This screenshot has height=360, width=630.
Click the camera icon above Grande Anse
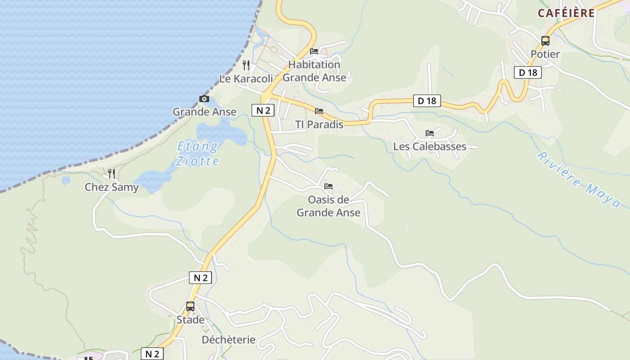[204, 99]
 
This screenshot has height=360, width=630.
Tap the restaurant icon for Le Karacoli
[246, 65]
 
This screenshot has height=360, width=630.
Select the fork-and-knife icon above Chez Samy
[112, 173]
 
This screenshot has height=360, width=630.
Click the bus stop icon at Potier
[545, 41]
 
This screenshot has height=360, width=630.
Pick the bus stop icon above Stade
[190, 306]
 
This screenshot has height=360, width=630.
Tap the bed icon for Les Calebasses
[430, 133]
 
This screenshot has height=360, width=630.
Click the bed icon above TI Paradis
[319, 111]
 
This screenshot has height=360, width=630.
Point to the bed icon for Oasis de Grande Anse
[328, 186]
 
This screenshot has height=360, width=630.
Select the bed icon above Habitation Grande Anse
[314, 51]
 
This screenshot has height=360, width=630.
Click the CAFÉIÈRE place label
[566, 13]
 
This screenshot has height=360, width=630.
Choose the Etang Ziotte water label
[198, 153]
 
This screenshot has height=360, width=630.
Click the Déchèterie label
[229, 340]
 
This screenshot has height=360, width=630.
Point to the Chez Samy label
[112, 187]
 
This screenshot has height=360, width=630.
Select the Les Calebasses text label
[430, 147]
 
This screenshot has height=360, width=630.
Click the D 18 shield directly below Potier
[528, 72]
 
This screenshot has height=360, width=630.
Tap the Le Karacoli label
[246, 79]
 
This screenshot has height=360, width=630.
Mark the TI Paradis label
[319, 124]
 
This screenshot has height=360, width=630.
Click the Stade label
[190, 320]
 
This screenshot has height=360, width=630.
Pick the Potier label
[545, 54]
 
